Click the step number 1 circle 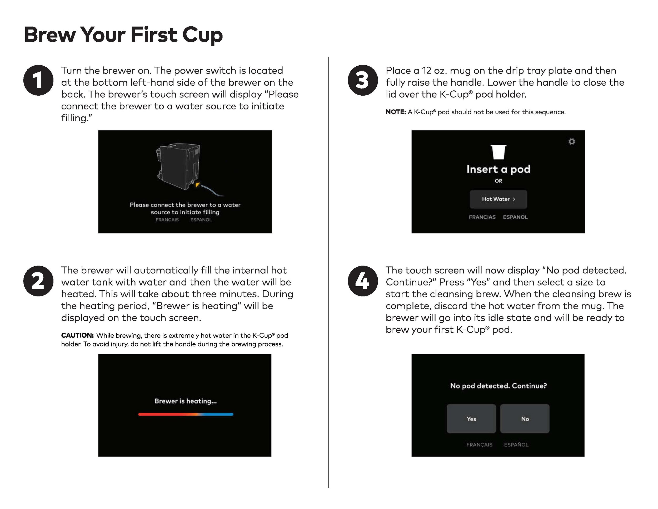[x=38, y=80]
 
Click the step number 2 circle [x=38, y=281]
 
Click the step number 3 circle [x=363, y=80]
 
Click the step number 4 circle [x=363, y=281]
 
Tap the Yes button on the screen [x=471, y=419]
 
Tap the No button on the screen [x=525, y=419]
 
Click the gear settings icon [x=571, y=141]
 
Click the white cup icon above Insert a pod [x=498, y=152]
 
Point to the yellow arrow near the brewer [x=197, y=184]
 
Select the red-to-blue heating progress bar [x=186, y=414]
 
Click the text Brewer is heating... [x=186, y=401]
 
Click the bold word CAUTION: [x=77, y=335]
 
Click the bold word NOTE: [x=396, y=112]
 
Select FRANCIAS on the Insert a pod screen [x=482, y=217]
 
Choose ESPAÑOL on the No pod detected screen [x=516, y=445]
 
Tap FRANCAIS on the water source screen [x=167, y=220]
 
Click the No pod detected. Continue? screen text [x=498, y=386]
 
